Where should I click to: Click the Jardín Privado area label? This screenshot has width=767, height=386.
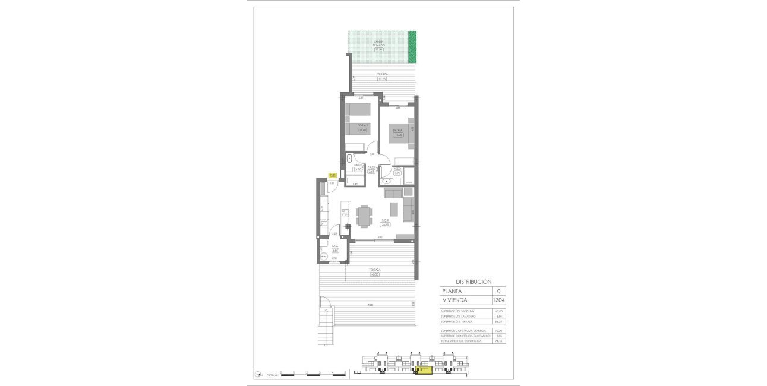(x=379, y=43)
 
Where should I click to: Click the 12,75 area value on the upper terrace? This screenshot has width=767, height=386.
(x=382, y=79)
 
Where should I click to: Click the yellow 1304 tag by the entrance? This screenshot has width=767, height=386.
(x=333, y=175)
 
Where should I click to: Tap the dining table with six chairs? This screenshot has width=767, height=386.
(x=364, y=215)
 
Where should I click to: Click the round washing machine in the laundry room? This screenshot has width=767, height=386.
(x=323, y=255)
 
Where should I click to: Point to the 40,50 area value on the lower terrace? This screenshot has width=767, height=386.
(x=374, y=274)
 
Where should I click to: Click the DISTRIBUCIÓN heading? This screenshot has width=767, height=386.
(x=473, y=281)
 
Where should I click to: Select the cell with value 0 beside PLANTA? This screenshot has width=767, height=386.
(x=498, y=291)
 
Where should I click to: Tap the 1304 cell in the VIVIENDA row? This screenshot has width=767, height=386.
(x=498, y=300)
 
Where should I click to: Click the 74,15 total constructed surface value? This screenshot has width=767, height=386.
(x=498, y=341)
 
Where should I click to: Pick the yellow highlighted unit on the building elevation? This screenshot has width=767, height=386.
(x=423, y=371)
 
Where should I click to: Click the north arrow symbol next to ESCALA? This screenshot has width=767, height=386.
(x=259, y=374)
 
